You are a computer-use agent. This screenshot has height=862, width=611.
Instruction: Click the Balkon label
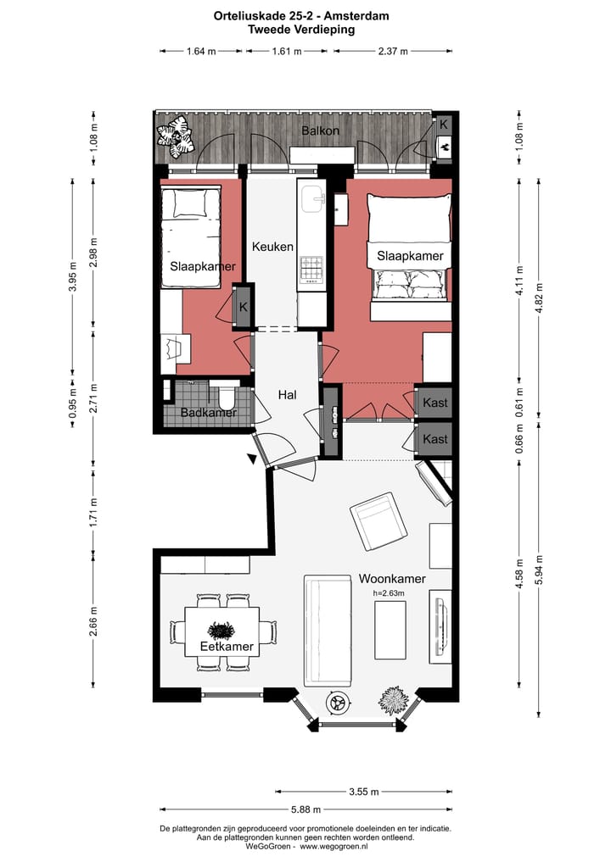point(320,131)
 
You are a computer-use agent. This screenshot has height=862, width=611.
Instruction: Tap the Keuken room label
point(272,247)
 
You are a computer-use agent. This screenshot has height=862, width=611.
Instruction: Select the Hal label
point(288,395)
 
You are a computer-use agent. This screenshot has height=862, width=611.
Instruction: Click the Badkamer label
point(209,412)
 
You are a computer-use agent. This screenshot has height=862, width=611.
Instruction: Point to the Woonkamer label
point(392,579)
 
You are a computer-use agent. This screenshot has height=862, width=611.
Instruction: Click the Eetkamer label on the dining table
point(227,647)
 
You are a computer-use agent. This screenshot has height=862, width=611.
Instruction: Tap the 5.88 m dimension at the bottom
point(306,809)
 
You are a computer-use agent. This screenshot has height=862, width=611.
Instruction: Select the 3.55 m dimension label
point(364,792)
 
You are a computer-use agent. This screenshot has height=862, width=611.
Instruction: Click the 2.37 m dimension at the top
point(393,51)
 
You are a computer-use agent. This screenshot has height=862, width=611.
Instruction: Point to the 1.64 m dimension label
point(201,51)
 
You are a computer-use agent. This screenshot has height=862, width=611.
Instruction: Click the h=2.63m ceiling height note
point(389,593)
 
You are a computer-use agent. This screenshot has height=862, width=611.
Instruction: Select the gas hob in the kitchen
point(311,269)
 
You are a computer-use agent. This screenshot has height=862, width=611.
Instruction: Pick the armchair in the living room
point(378,522)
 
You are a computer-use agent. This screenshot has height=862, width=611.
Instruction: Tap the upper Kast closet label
point(434,403)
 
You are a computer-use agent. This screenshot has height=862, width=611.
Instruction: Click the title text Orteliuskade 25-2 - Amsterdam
point(301,16)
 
